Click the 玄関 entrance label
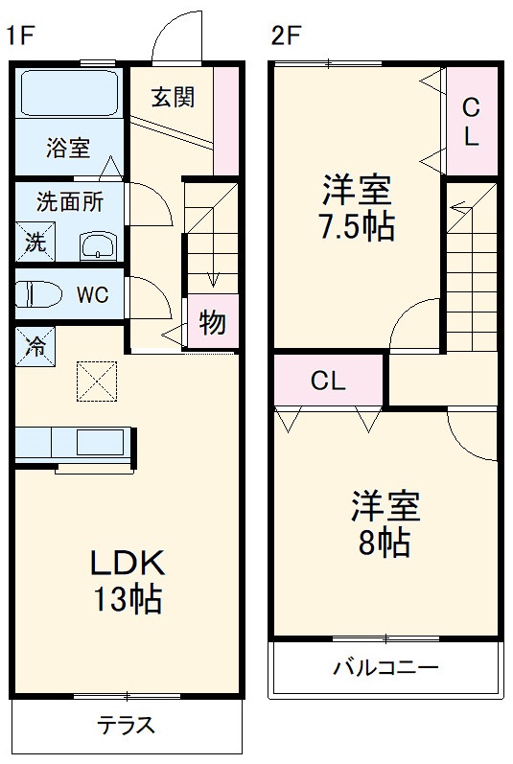(x=174, y=97)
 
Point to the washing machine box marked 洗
(x=35, y=242)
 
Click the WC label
(x=93, y=294)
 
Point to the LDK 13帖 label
(x=128, y=581)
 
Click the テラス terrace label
(x=126, y=725)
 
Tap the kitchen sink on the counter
(x=100, y=442)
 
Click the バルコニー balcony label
(x=385, y=667)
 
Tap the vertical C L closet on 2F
(x=471, y=122)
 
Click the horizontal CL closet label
(x=328, y=381)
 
